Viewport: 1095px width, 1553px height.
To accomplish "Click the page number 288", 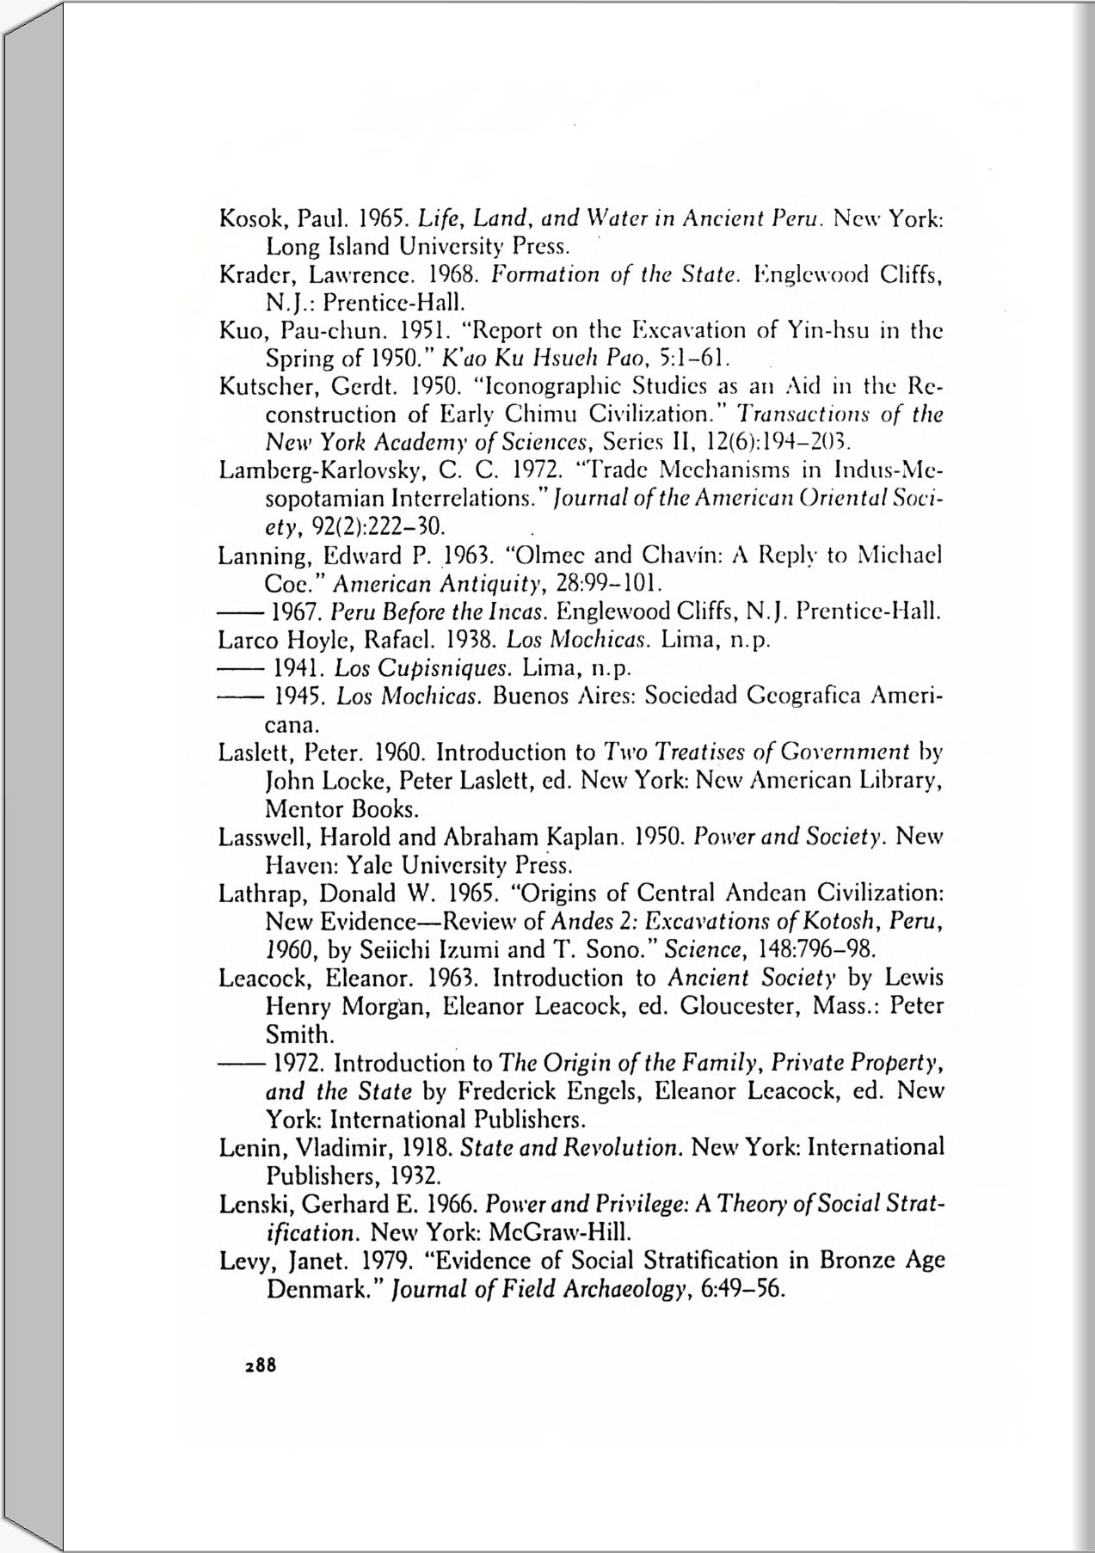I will click(x=260, y=1365).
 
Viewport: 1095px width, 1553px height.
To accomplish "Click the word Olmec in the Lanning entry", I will click(x=540, y=556).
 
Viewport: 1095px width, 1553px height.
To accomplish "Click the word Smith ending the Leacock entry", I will click(x=297, y=1034).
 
